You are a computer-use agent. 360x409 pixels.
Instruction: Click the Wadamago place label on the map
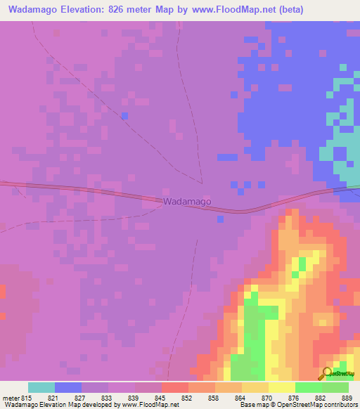[x=187, y=202]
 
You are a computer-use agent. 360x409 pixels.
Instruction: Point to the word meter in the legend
[x=11, y=398]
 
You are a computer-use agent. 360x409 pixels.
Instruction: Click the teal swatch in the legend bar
[x=41, y=387]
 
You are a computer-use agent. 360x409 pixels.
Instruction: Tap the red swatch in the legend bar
[x=175, y=387]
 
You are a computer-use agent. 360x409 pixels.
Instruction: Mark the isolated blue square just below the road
[x=220, y=219]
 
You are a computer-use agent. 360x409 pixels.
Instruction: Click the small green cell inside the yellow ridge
[x=302, y=263]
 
